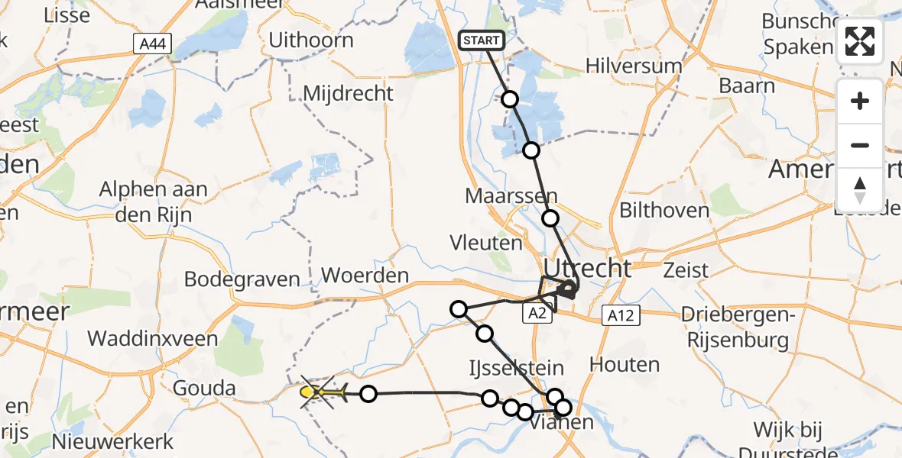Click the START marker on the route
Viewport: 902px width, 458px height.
pyautogui.click(x=482, y=40)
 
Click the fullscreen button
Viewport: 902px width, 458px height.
pyautogui.click(x=860, y=42)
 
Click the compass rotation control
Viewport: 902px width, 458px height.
pyautogui.click(x=860, y=189)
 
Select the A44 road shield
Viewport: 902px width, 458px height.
pyautogui.click(x=151, y=45)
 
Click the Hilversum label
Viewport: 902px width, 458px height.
pyautogui.click(x=634, y=66)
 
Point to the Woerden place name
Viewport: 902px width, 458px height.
pyautogui.click(x=365, y=275)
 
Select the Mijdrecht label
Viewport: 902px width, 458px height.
pyautogui.click(x=348, y=93)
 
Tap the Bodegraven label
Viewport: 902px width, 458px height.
pyautogui.click(x=242, y=279)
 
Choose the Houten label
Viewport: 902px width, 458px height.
pyautogui.click(x=625, y=365)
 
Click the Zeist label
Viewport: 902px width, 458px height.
pyautogui.click(x=686, y=269)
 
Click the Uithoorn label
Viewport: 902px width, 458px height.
pyautogui.click(x=310, y=40)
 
